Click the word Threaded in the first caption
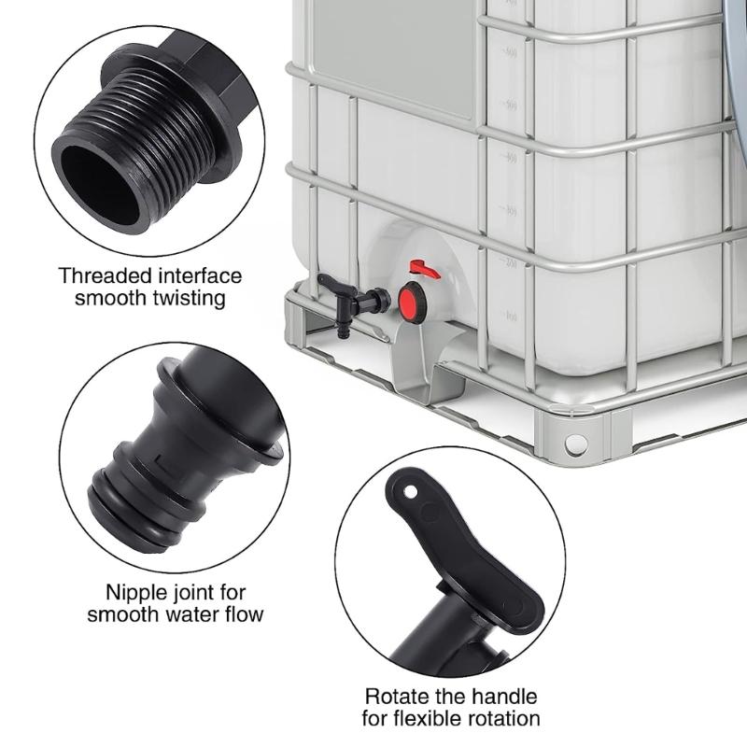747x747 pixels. pos(97,276)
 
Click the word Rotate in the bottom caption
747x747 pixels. pos(394,697)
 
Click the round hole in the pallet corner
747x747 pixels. pos(576,444)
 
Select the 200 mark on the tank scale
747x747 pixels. pos(511,264)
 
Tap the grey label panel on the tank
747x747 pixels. pos(392,56)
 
